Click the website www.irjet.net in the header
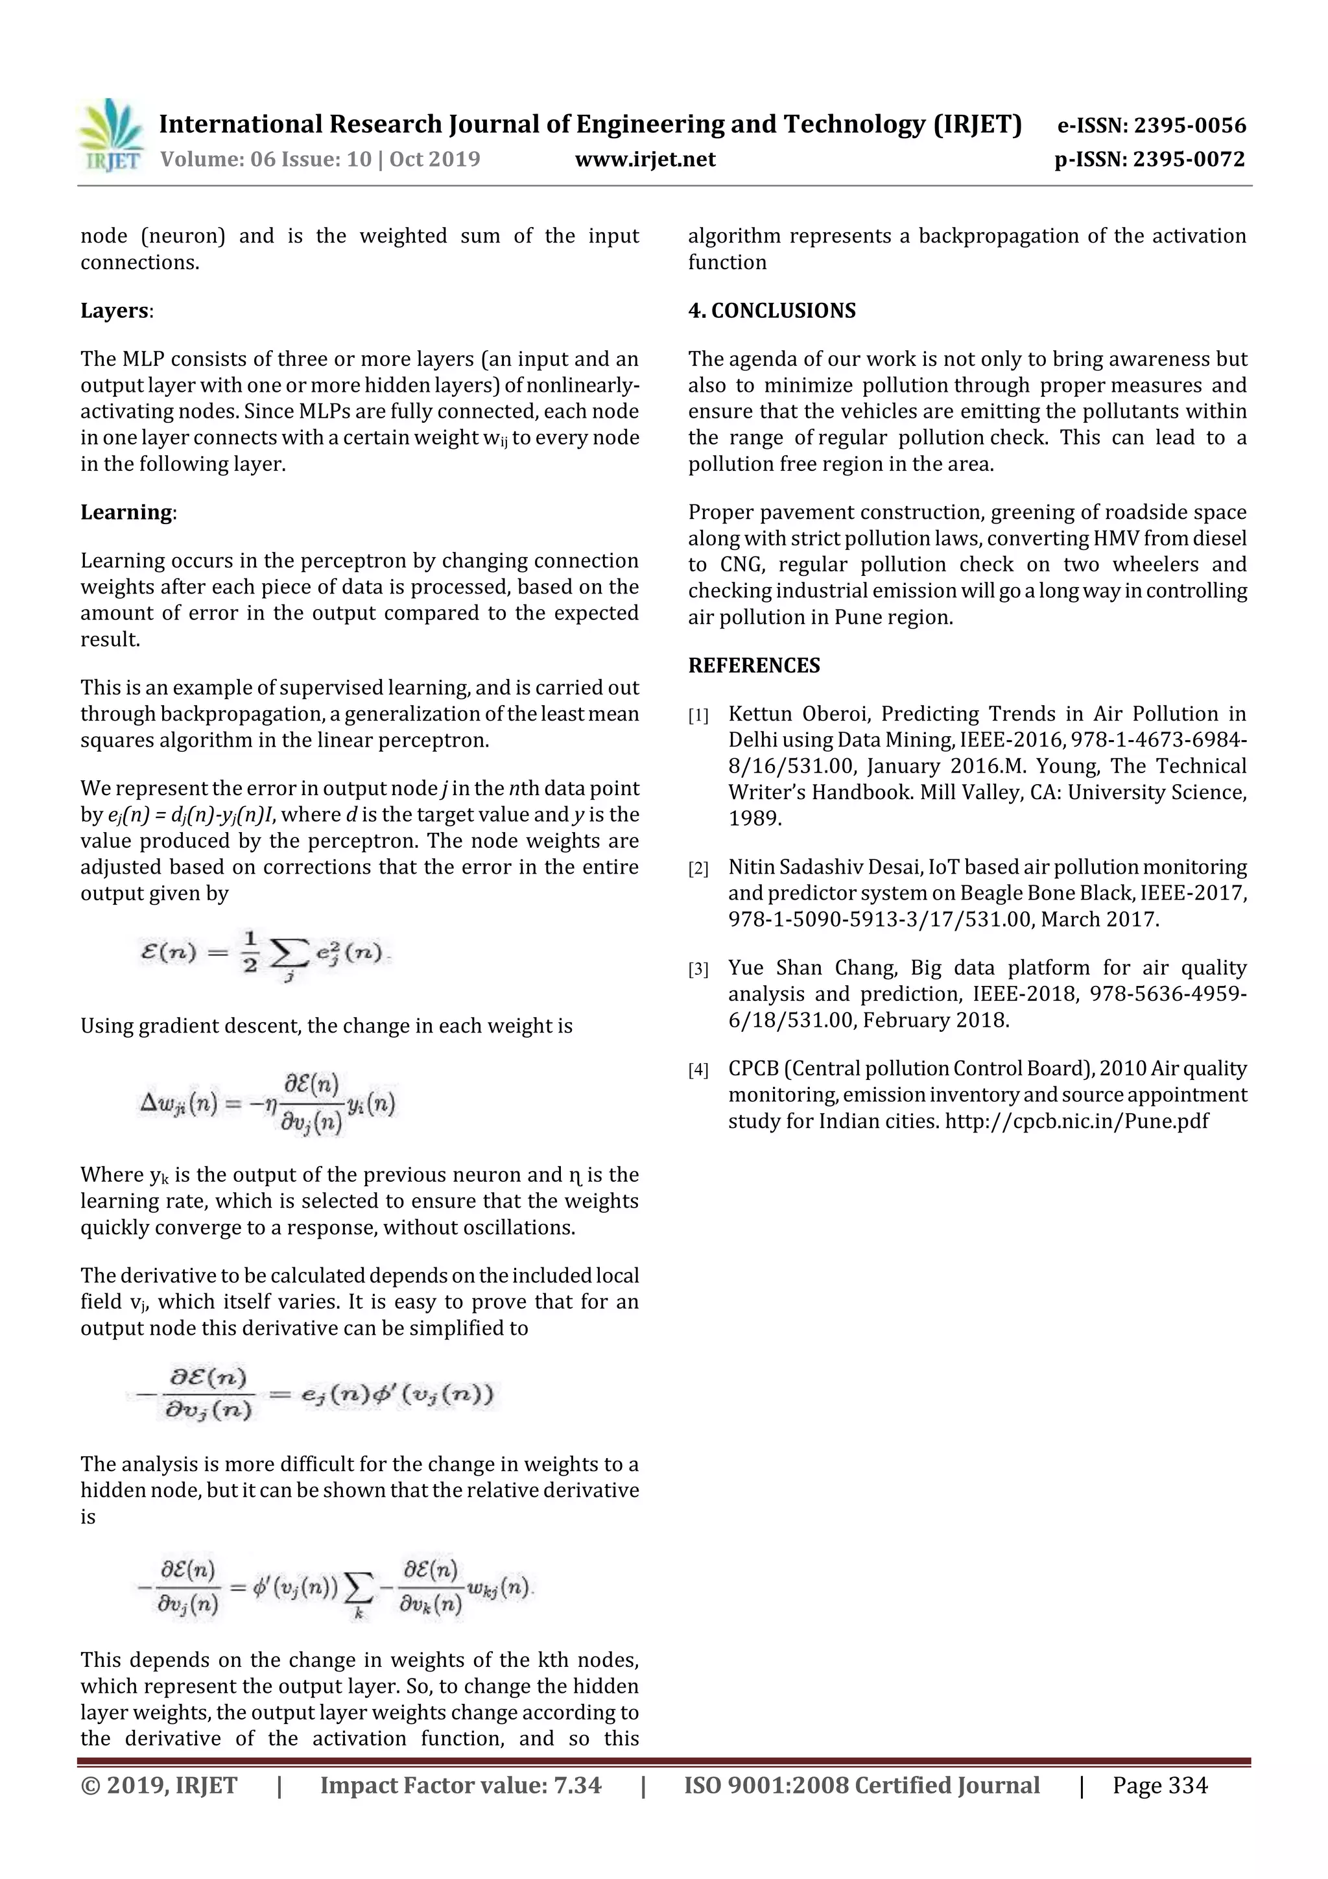point(645,159)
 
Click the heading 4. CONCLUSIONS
point(772,311)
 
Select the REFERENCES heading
point(753,665)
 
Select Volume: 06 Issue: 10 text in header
point(265,159)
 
